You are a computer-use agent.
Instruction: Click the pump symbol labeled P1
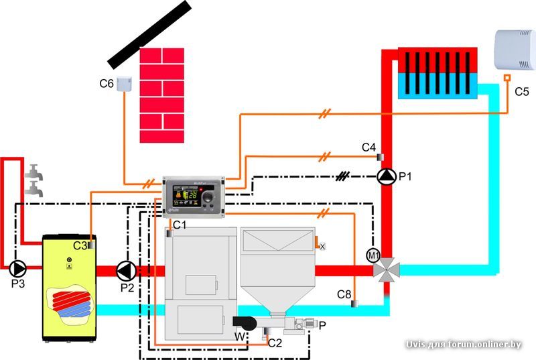[x=387, y=176]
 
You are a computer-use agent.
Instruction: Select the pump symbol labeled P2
[x=125, y=270]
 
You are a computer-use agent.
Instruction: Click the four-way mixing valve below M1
[x=387, y=270]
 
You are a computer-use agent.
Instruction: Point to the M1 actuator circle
[x=373, y=255]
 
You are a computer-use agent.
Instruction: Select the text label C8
[x=344, y=294]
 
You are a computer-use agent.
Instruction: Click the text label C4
[x=369, y=147]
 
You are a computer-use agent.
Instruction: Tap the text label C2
[x=275, y=343]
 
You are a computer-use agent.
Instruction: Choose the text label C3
[x=80, y=246]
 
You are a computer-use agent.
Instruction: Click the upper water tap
[x=33, y=174]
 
